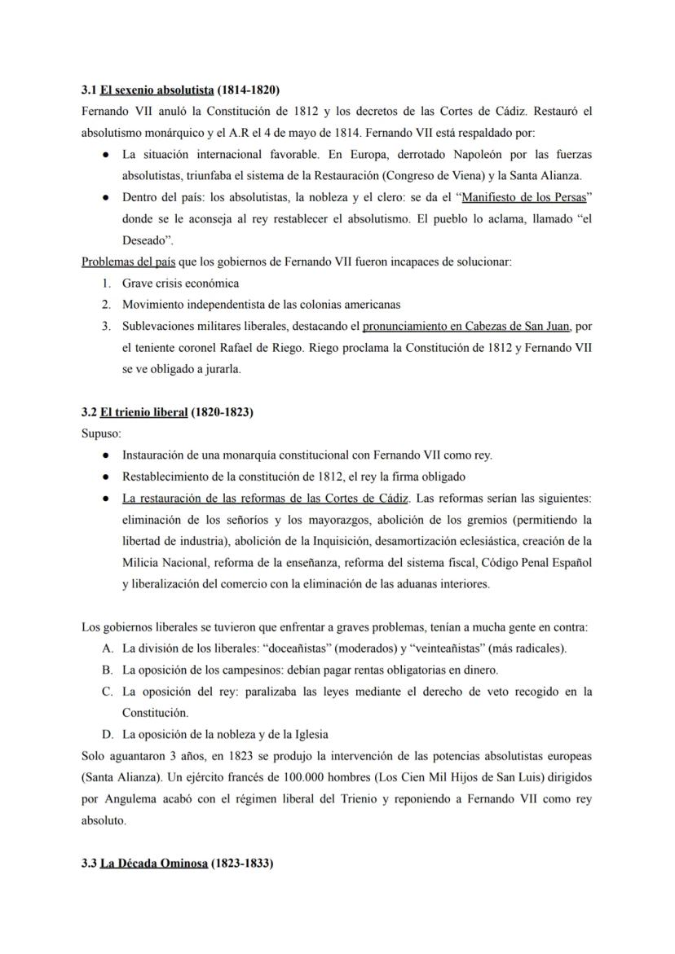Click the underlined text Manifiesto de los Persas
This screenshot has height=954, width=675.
(524, 196)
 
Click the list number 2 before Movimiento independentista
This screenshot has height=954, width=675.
(106, 305)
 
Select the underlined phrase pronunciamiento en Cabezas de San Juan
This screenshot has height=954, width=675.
(466, 326)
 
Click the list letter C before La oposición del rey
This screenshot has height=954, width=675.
(107, 691)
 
